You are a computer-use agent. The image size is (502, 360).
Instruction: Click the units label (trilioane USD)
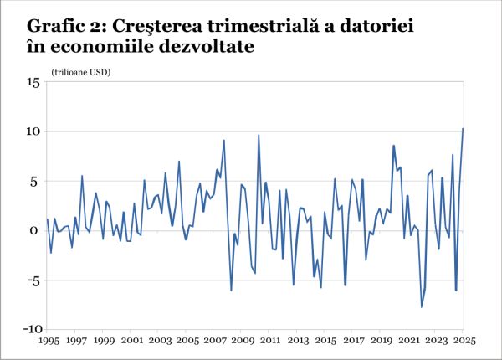point(81,72)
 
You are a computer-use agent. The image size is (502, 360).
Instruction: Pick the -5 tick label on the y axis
point(33,280)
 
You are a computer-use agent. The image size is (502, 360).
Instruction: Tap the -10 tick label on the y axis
point(31,329)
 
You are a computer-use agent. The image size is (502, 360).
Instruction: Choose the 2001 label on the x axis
point(131,342)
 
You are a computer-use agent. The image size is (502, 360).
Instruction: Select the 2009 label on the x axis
point(242,342)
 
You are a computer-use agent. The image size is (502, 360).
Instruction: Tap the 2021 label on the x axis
point(408,342)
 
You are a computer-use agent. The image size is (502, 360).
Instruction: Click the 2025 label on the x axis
point(464,342)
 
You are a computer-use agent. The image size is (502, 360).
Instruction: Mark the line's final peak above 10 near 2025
point(463,129)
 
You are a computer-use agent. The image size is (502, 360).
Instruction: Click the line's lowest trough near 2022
point(422,306)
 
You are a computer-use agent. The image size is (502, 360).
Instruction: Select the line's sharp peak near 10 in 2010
point(259,136)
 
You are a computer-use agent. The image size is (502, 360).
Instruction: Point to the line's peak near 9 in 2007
point(224,141)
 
